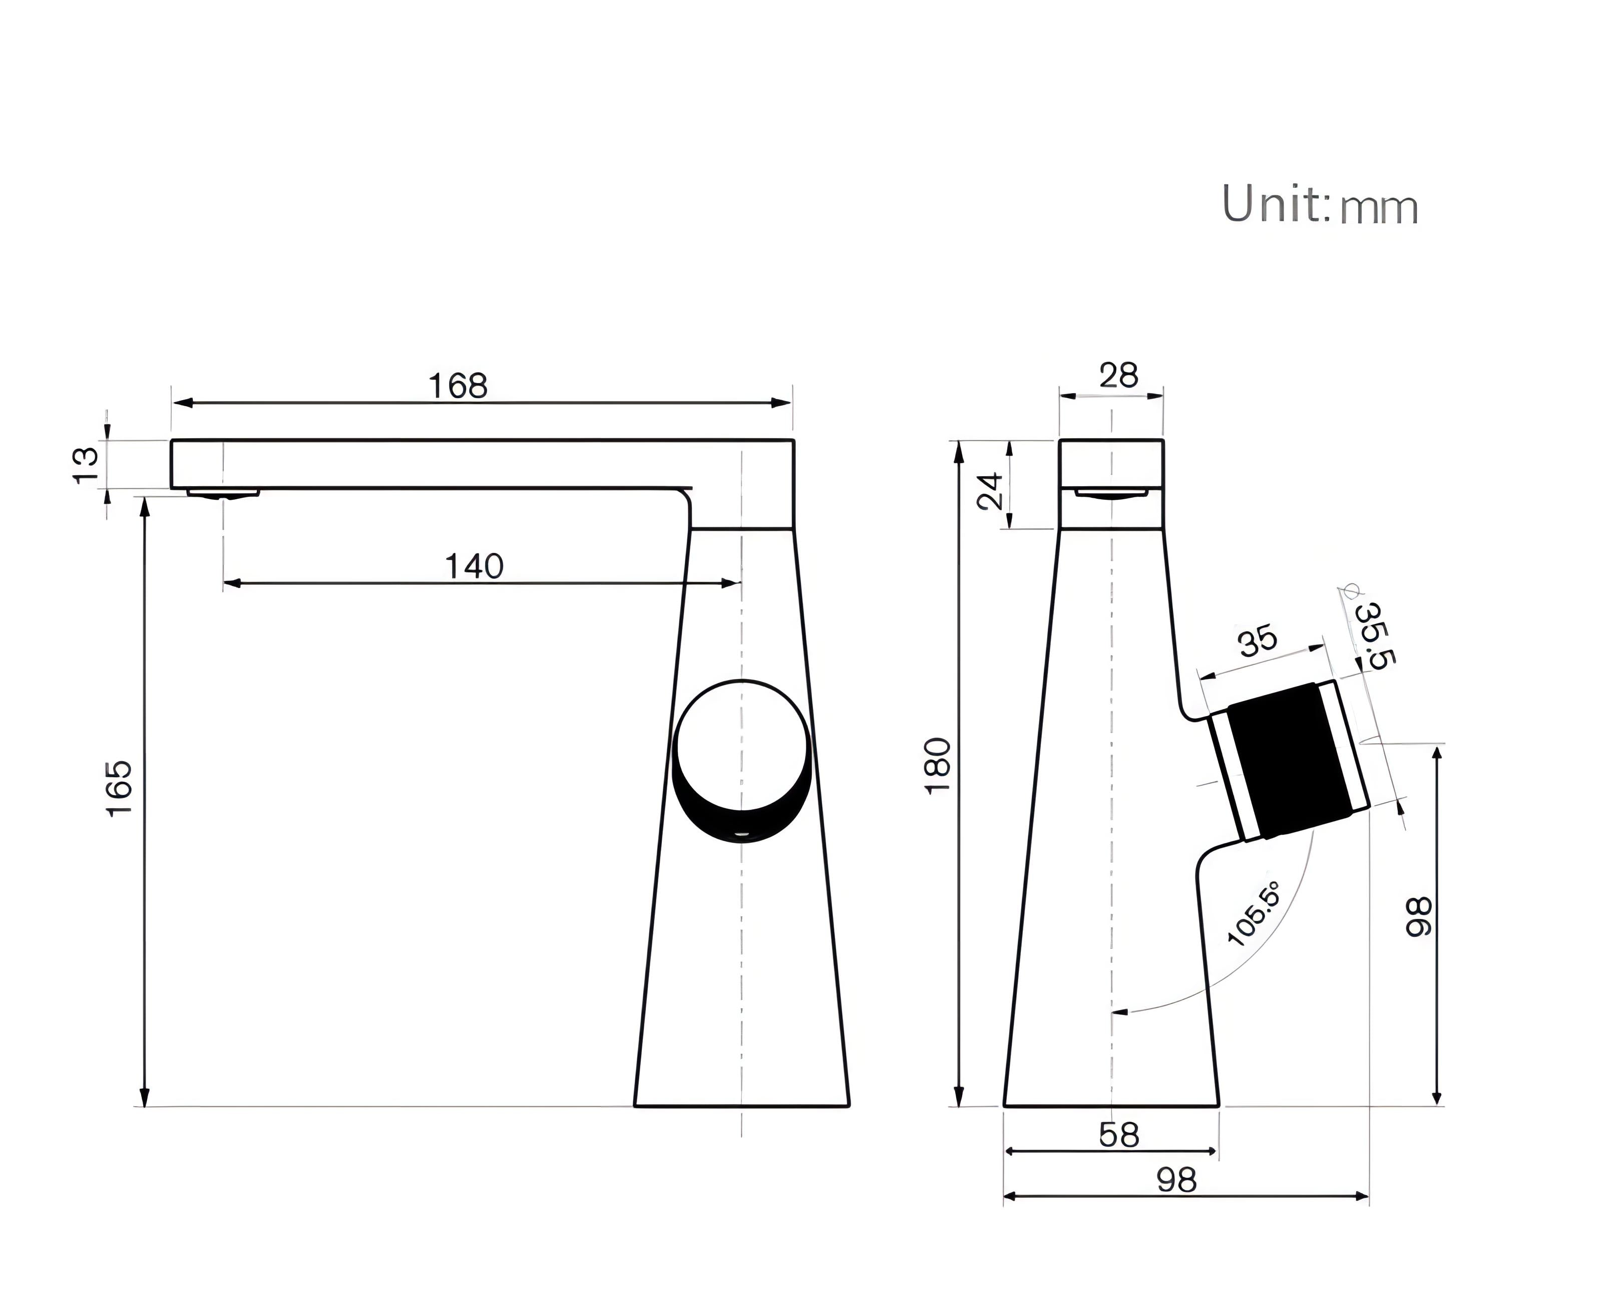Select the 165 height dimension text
point(119,788)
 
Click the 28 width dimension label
point(1118,375)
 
